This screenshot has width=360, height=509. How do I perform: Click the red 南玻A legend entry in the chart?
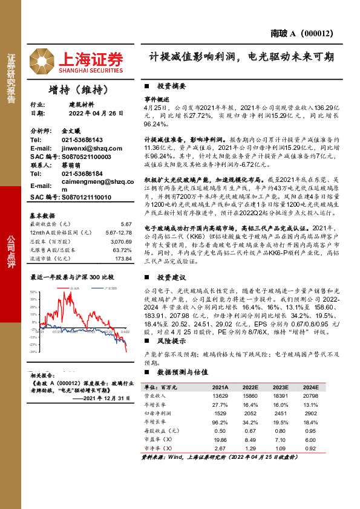click(x=74, y=290)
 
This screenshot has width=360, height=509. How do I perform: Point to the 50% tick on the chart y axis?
click(x=33, y=292)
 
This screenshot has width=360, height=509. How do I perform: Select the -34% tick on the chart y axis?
click(x=33, y=351)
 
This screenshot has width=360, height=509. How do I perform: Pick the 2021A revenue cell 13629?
click(x=219, y=395)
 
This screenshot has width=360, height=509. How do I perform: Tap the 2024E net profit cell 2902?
click(x=310, y=412)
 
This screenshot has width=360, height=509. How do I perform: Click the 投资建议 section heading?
click(x=171, y=277)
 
